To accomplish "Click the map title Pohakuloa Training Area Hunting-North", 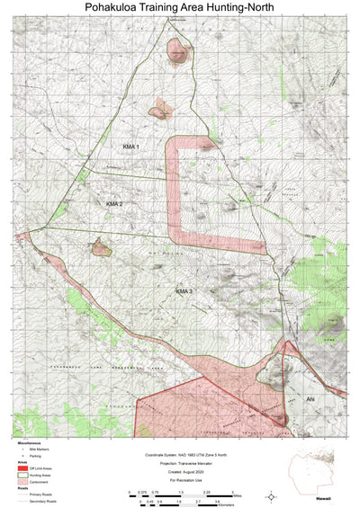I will [180, 8].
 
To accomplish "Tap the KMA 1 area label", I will [131, 145].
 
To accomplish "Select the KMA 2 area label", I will [114, 204].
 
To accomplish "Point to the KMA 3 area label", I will [184, 291].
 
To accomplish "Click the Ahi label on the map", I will [310, 398].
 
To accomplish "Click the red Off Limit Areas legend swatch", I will [22, 468].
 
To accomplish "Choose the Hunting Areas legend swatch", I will [22, 475].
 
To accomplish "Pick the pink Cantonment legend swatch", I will [22, 482].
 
